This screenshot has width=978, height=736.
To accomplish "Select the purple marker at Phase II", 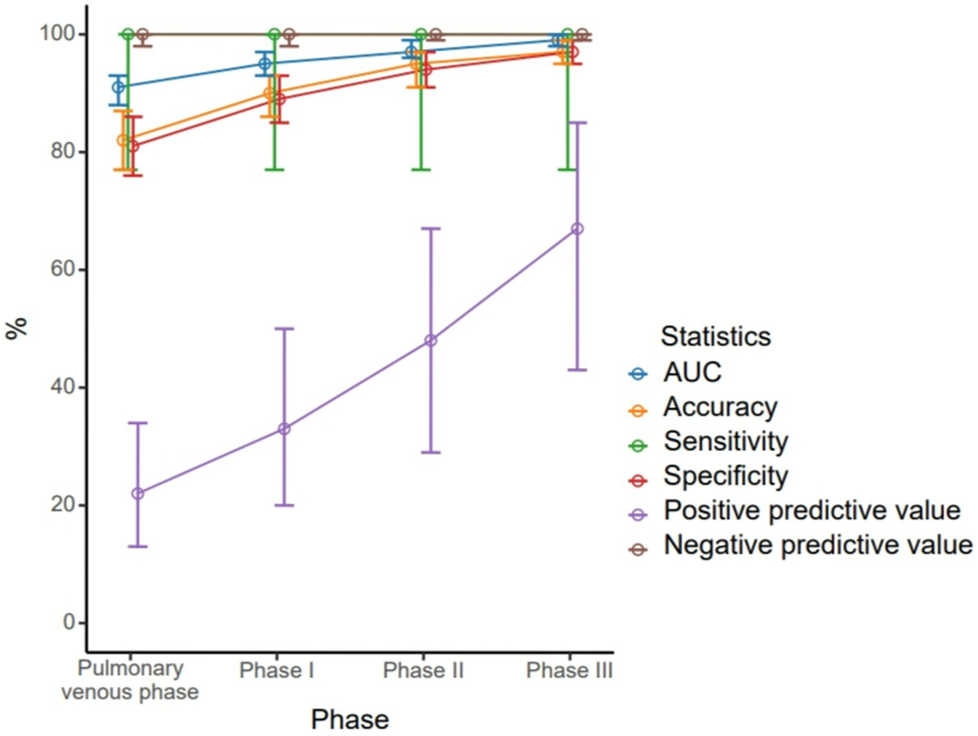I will tap(431, 340).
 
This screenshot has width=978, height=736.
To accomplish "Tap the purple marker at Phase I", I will tap(284, 429).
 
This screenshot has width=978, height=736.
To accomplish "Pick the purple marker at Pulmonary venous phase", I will tap(138, 493).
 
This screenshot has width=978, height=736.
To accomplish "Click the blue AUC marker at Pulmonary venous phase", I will tap(118, 87).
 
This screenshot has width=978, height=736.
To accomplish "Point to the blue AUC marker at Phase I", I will tap(265, 64).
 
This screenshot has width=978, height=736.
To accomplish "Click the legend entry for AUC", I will tap(692, 372).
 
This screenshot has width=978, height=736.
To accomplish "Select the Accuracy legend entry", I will tap(719, 407).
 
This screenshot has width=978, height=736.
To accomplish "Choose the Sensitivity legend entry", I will tap(726, 441).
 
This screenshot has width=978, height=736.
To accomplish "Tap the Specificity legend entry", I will tap(726, 476).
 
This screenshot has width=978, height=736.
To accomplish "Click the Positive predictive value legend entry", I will tap(811, 510).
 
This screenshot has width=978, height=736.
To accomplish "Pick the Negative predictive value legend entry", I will tap(818, 545).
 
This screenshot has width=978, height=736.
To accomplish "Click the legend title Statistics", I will tap(716, 336).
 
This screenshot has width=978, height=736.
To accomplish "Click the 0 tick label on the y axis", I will tap(69, 623).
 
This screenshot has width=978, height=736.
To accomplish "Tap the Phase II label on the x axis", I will tap(423, 670).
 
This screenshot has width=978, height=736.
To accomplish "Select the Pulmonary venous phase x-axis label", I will tap(130, 680).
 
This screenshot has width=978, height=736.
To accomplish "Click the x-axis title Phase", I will tap(350, 719).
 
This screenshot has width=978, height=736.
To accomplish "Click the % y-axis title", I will tap(17, 327).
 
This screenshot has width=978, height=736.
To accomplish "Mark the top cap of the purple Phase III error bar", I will tap(577, 123).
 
